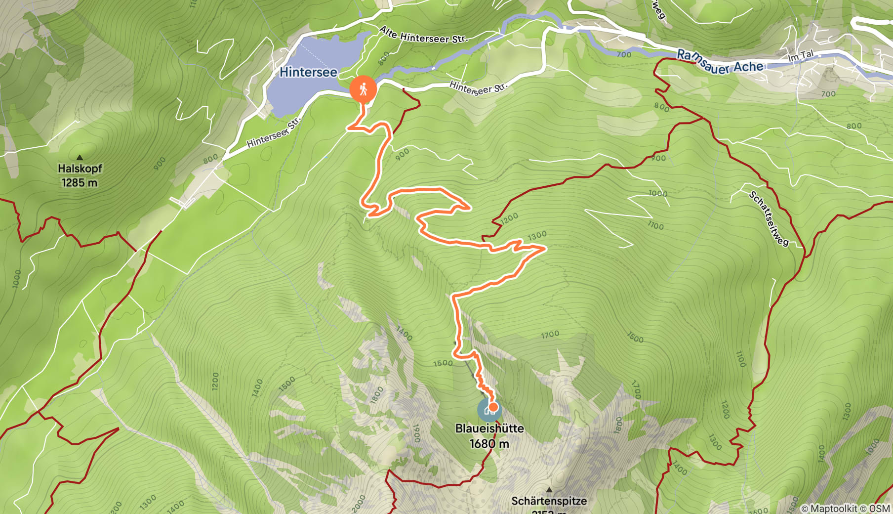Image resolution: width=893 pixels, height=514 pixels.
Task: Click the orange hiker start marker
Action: (x=363, y=89)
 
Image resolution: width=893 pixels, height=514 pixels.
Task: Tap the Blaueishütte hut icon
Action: (x=488, y=410)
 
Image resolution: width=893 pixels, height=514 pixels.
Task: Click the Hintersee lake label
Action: (x=308, y=72)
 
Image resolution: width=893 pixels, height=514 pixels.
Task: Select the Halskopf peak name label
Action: (x=80, y=169)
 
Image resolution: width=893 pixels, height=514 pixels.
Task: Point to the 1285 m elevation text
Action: (x=80, y=183)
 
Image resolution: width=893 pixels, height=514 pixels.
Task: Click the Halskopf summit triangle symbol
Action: (x=80, y=158)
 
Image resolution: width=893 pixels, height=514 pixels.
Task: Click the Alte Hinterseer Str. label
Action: (x=423, y=36)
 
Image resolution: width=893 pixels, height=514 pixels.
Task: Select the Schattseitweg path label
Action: (x=769, y=218)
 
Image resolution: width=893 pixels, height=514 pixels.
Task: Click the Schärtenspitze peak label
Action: (x=549, y=501)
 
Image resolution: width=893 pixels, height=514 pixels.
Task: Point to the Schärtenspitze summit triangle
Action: (x=549, y=490)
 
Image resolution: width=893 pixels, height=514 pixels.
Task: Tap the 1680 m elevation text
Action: (x=489, y=444)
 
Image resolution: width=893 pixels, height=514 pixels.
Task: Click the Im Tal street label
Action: (x=801, y=56)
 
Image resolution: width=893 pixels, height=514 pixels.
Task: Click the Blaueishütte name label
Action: (x=489, y=428)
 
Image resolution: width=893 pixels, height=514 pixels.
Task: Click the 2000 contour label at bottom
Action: (x=359, y=504)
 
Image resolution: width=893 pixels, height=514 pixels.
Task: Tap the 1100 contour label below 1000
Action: (x=655, y=225)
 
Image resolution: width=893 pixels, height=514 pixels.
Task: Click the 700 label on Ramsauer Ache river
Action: (x=624, y=54)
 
